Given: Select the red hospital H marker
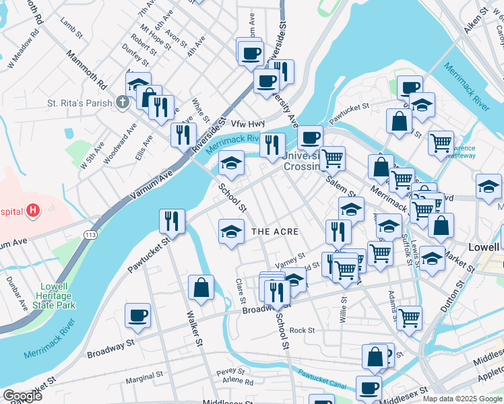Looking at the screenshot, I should [33, 211].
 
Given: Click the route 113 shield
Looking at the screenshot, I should [90, 234].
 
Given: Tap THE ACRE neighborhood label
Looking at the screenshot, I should [274, 232].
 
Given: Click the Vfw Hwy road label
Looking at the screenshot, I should [249, 124].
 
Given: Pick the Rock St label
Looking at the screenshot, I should [303, 331].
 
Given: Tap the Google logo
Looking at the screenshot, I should [22, 397].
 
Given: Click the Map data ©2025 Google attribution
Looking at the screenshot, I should [462, 399].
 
